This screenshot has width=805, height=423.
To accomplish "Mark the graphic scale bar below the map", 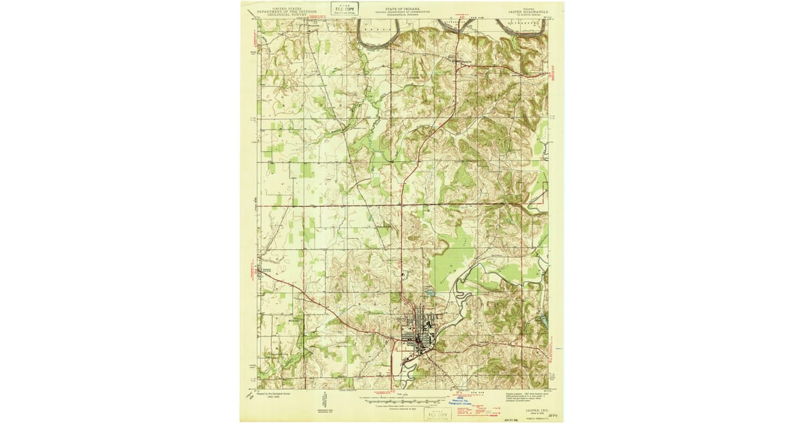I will click(x=401, y=399).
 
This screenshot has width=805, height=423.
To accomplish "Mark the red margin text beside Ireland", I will click(x=248, y=271).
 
